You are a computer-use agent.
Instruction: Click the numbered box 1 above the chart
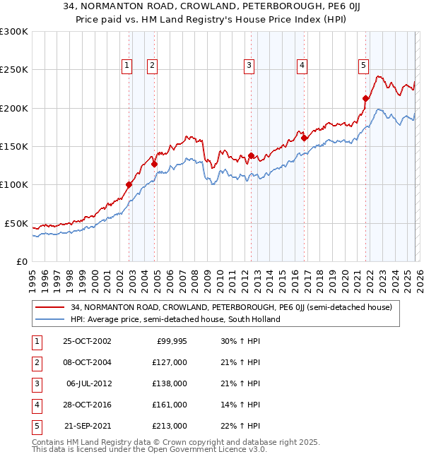click(x=126, y=66)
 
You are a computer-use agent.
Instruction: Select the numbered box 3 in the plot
click(x=249, y=66)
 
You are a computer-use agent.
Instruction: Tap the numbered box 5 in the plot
click(x=363, y=66)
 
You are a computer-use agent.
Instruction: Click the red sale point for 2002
click(x=129, y=185)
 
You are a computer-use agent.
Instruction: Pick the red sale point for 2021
click(x=365, y=98)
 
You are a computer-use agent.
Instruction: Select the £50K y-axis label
click(x=16, y=223)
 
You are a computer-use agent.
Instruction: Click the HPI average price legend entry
click(x=175, y=319)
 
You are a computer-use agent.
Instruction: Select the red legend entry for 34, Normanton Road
click(x=235, y=307)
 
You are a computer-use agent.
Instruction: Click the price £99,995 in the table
click(x=170, y=341)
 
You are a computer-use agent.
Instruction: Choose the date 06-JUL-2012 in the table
click(x=87, y=383)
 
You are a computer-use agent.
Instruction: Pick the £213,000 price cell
click(x=170, y=426)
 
